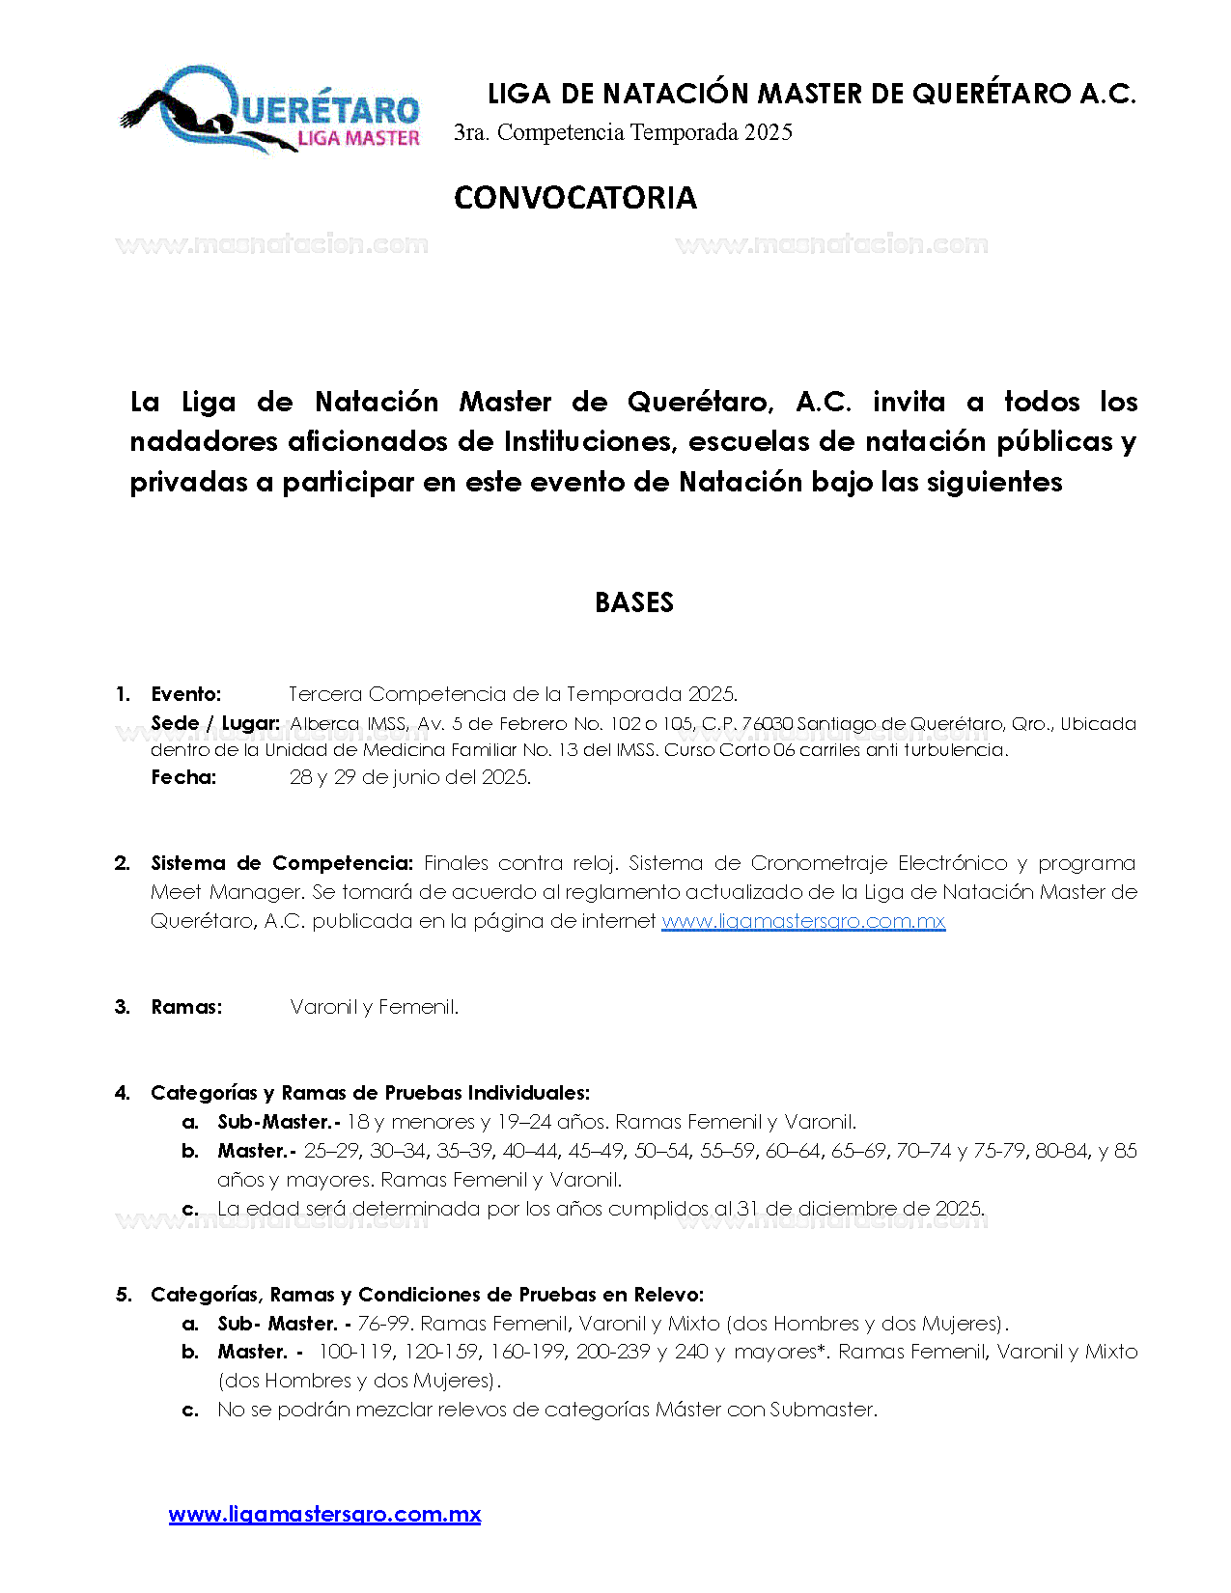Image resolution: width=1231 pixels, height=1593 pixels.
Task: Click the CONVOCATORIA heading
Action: click(x=574, y=198)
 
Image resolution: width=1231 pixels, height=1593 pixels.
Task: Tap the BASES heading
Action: click(x=633, y=602)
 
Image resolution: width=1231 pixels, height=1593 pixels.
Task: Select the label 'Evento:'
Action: click(x=186, y=694)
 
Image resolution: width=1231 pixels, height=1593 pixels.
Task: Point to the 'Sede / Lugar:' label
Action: click(x=215, y=723)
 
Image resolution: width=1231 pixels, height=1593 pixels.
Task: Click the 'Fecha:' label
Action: click(x=183, y=777)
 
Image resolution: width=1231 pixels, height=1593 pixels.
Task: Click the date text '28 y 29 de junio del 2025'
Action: click(x=409, y=777)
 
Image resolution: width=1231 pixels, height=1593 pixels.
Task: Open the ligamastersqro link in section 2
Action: click(x=802, y=921)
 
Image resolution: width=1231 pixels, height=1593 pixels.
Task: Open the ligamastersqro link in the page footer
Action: click(x=324, y=1514)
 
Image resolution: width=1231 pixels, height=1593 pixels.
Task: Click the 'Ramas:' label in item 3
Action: click(x=186, y=1007)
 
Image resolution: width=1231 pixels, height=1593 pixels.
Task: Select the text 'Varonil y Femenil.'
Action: click(x=374, y=1007)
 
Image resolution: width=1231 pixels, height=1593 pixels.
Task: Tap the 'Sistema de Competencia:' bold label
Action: click(x=282, y=863)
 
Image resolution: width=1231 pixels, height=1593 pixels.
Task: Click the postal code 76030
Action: click(x=767, y=723)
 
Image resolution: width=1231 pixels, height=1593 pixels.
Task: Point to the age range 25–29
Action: click(x=331, y=1151)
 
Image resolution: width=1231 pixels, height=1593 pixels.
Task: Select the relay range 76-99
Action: click(x=383, y=1324)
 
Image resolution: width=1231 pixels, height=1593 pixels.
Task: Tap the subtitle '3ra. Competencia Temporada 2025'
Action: click(x=623, y=133)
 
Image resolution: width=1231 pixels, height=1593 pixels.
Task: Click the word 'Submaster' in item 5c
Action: click(x=822, y=1410)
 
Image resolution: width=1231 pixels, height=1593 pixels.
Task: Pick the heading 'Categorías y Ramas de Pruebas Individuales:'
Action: click(x=370, y=1093)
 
